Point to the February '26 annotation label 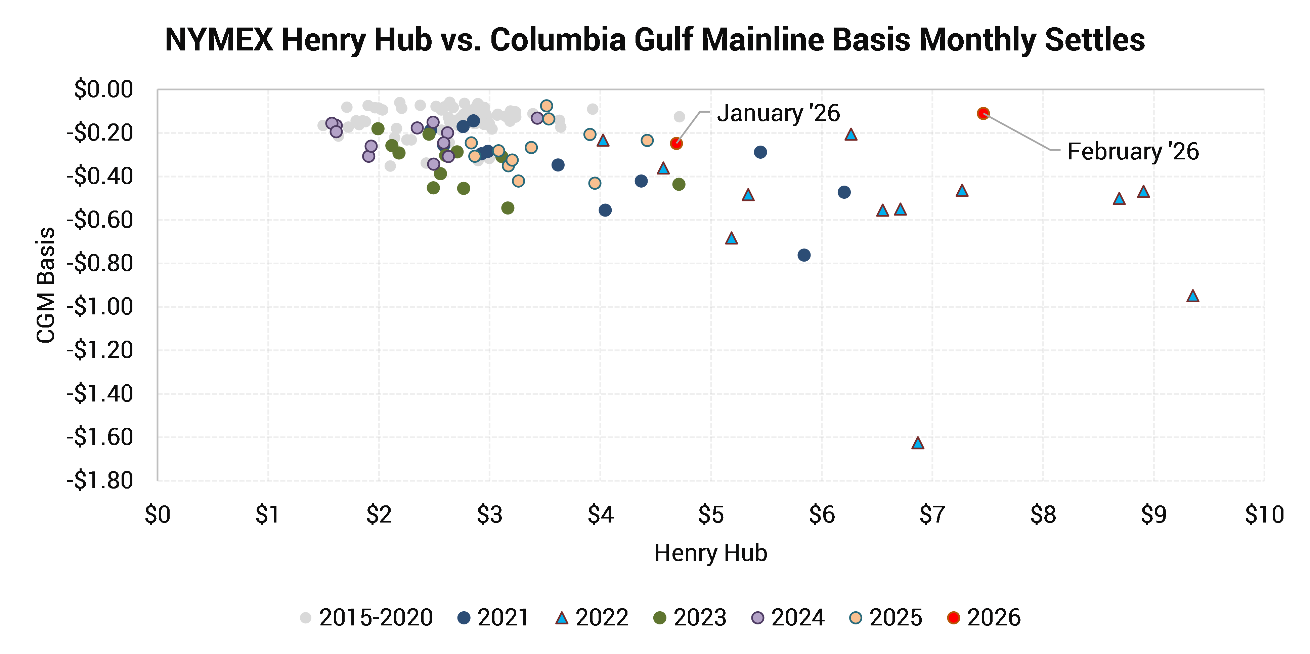click(x=1133, y=151)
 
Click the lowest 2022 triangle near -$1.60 click(x=917, y=443)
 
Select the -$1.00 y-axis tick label click(x=100, y=307)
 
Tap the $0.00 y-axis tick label click(x=103, y=89)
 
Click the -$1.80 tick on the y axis click(x=100, y=480)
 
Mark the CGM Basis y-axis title click(x=46, y=285)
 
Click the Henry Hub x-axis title click(x=710, y=553)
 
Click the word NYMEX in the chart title click(x=220, y=39)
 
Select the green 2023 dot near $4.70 click(x=679, y=184)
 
